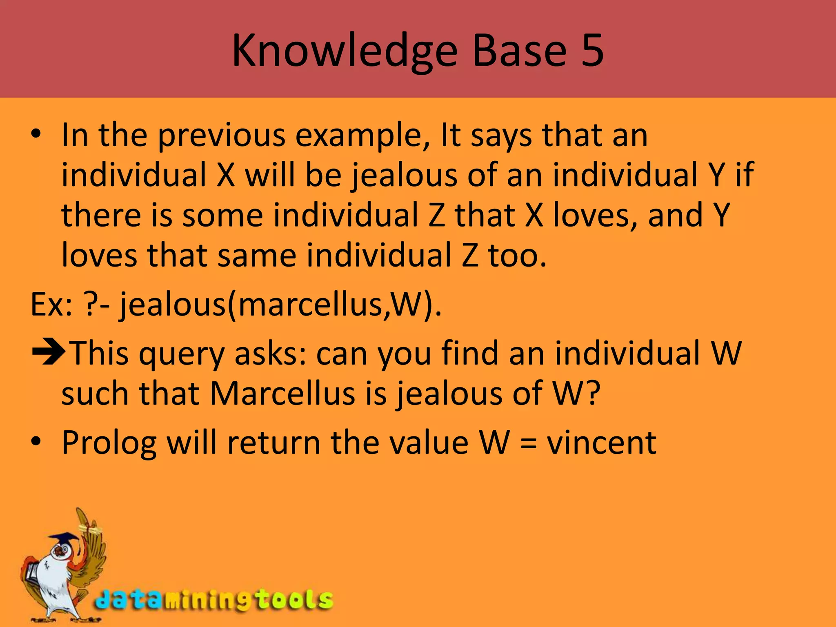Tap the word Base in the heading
pos(519,51)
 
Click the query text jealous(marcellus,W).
pos(280,305)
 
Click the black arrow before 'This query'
pos(48,351)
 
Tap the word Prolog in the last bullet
pos(109,443)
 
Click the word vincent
pos(601,443)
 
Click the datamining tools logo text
pos(214,600)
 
